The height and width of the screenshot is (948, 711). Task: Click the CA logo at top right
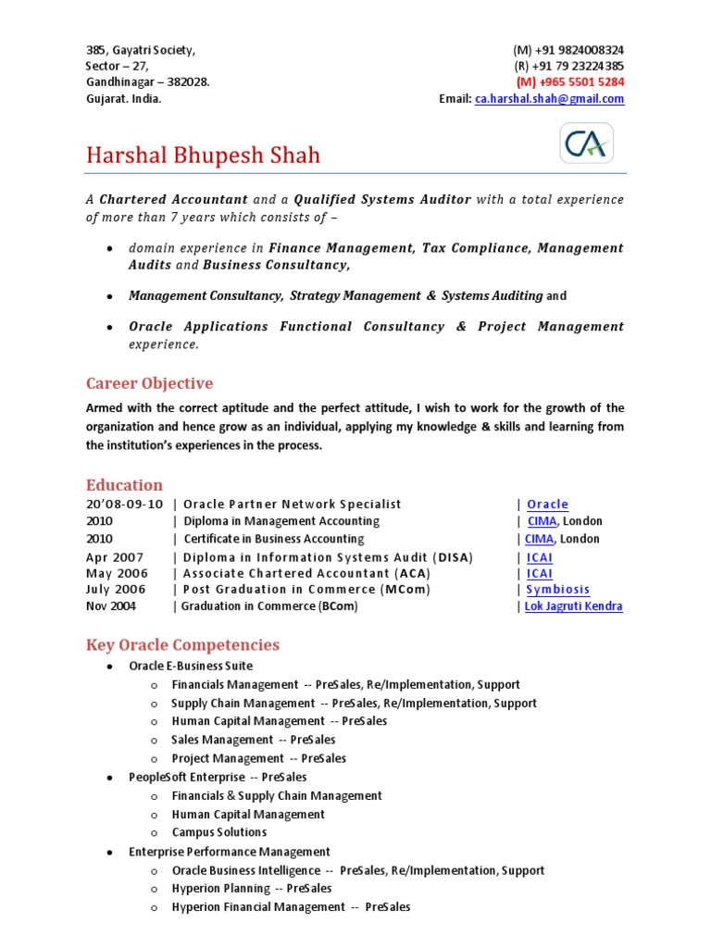coord(586,143)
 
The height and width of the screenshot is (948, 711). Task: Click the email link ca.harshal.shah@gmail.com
coord(549,99)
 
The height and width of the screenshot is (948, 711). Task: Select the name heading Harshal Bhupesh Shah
coord(203,155)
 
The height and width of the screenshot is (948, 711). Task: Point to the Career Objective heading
coord(149,383)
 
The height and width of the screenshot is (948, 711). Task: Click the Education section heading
coord(124,485)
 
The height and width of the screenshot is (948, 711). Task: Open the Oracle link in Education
coord(547,505)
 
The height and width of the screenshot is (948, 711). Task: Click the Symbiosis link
coord(557,590)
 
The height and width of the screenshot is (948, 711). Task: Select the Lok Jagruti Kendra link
coord(573,606)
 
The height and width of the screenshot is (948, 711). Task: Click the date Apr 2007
coord(116,557)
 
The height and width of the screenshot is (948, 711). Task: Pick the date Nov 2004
coord(111,606)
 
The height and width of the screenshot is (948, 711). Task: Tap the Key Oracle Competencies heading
coord(182,645)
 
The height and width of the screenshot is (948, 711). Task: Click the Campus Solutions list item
coord(218,832)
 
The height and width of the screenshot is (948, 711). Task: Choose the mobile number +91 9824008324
coord(568,50)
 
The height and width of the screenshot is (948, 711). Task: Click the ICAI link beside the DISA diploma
coord(539,557)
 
